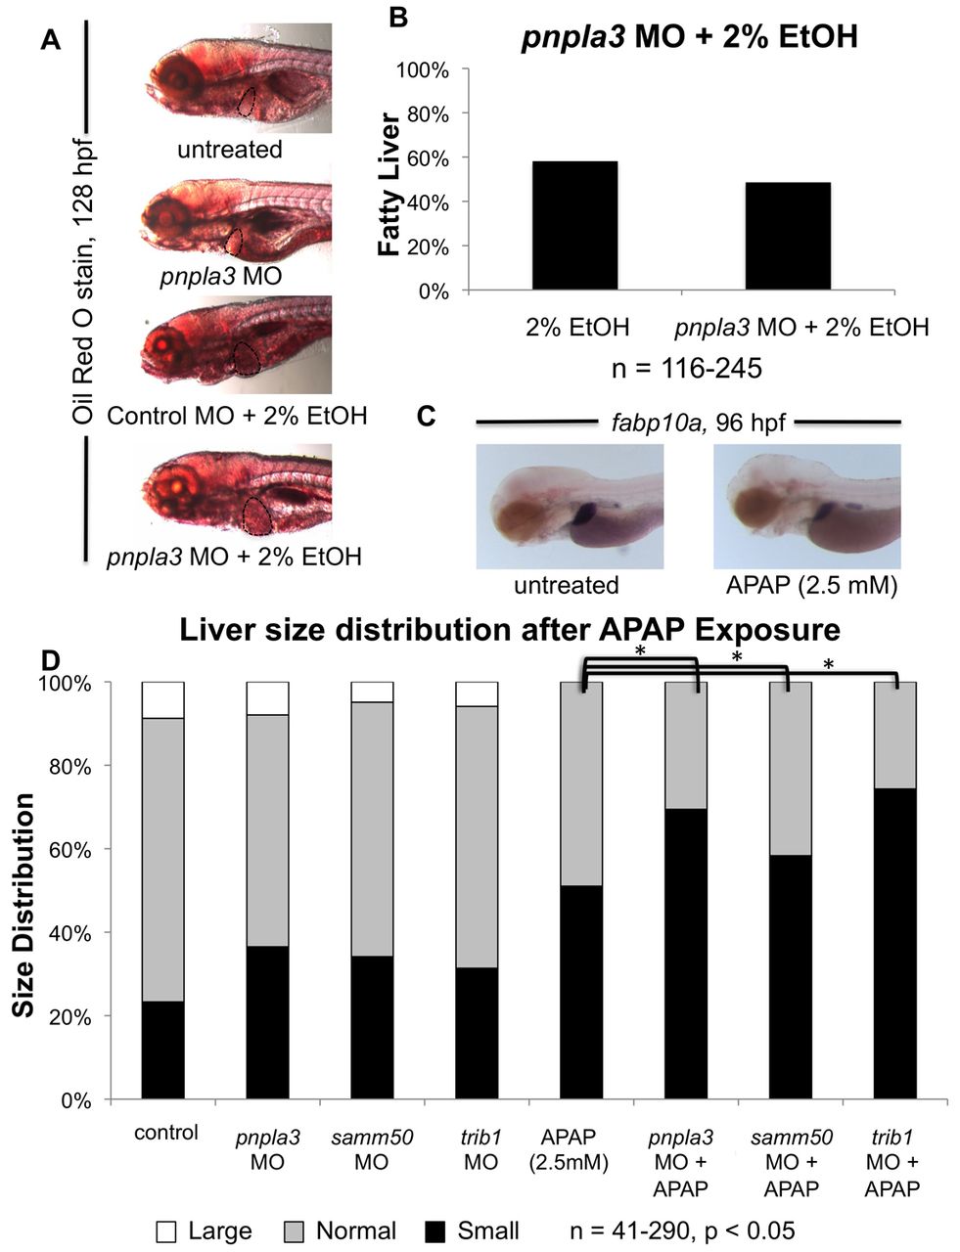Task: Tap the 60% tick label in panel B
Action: coord(428,158)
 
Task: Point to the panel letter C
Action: coord(427,415)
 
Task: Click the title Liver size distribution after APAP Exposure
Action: coord(509,627)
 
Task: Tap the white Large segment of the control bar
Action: coord(162,699)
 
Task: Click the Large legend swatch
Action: coord(166,1230)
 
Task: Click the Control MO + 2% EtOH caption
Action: coord(237,415)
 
